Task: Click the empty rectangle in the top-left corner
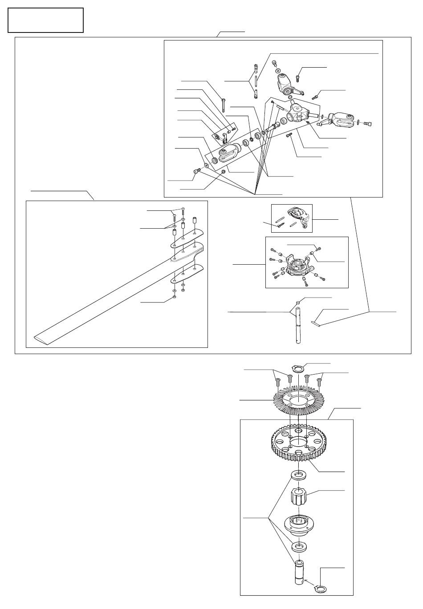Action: point(45,20)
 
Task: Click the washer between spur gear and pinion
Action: point(299,475)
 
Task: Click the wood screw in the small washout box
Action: point(279,225)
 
